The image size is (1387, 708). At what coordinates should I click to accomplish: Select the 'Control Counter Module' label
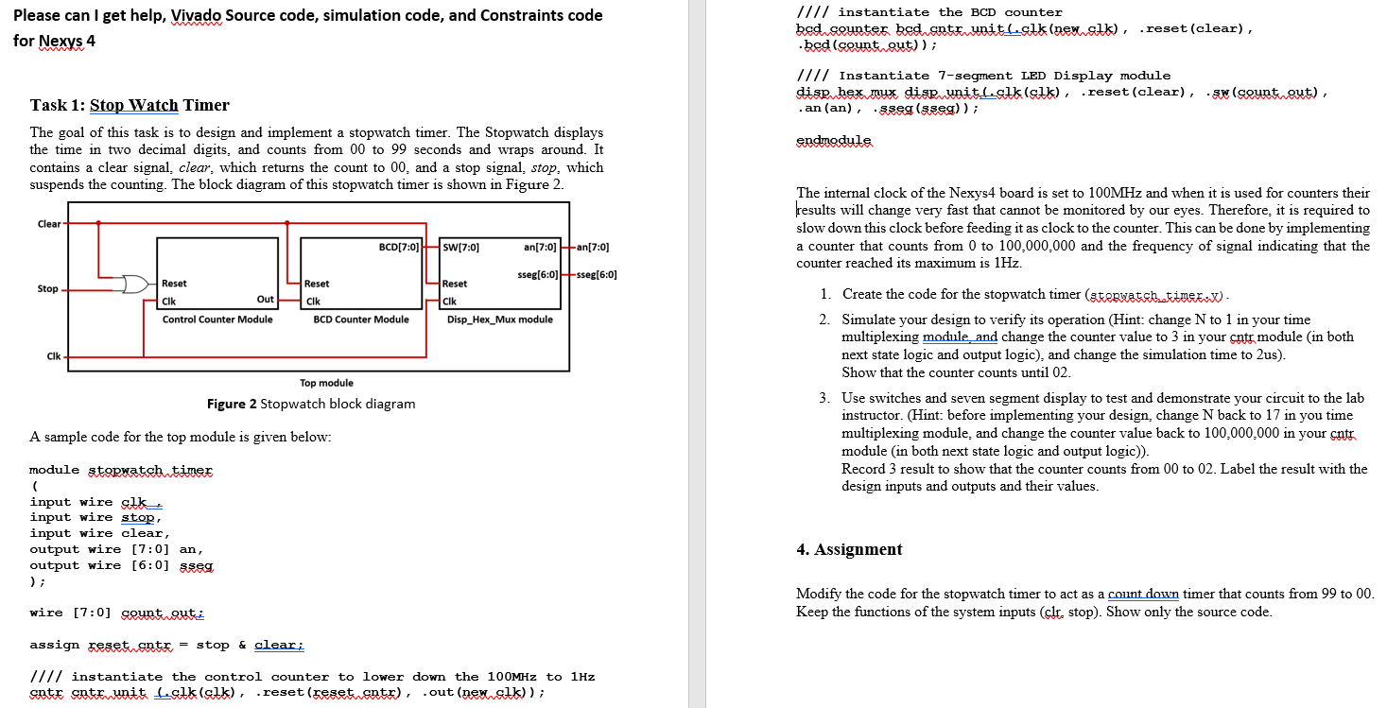pyautogui.click(x=217, y=319)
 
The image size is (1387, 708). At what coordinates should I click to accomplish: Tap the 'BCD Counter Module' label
pyautogui.click(x=360, y=319)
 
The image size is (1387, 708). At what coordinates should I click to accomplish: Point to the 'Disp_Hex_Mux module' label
pyautogui.click(x=500, y=319)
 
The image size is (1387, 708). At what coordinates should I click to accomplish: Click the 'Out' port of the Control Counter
pyautogui.click(x=265, y=300)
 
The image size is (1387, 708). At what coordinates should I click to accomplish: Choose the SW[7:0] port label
pyautogui.click(x=460, y=248)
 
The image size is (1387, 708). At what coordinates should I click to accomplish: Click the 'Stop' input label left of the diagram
pyautogui.click(x=47, y=288)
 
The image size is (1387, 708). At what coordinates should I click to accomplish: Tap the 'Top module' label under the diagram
pyautogui.click(x=326, y=383)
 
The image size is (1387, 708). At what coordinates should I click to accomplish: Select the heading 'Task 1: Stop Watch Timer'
pyautogui.click(x=130, y=105)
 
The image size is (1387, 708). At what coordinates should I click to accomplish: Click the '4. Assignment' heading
pyautogui.click(x=849, y=549)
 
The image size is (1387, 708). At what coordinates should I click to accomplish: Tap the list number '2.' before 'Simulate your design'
pyautogui.click(x=825, y=319)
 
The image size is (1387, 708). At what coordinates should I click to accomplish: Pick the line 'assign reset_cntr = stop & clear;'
pyautogui.click(x=166, y=645)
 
